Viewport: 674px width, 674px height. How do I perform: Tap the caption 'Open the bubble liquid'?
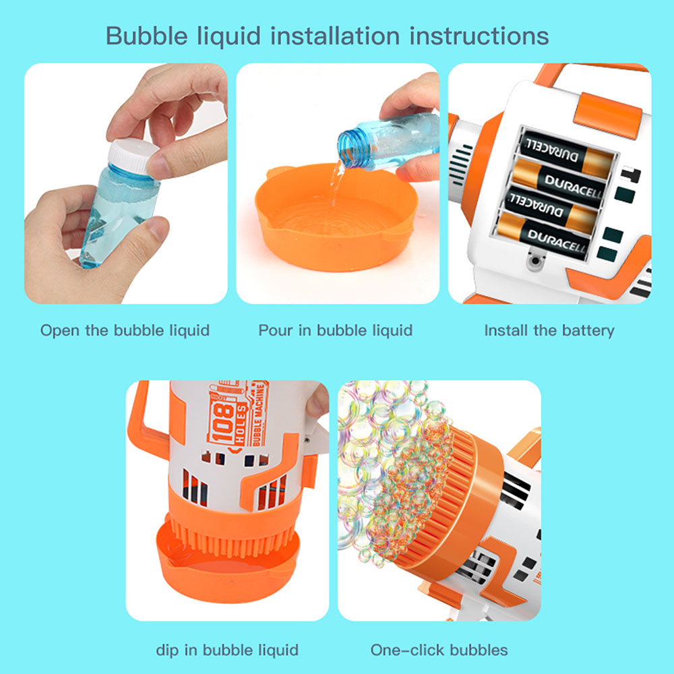coord(125,330)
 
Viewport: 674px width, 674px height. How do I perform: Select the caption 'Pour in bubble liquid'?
coord(335,330)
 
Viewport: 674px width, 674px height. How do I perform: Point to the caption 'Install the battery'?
coord(549,330)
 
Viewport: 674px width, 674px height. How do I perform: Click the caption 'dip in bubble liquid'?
coord(227,650)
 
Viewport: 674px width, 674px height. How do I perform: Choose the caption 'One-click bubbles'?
coord(439,650)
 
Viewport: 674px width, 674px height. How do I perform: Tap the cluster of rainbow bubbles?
coord(394,468)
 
